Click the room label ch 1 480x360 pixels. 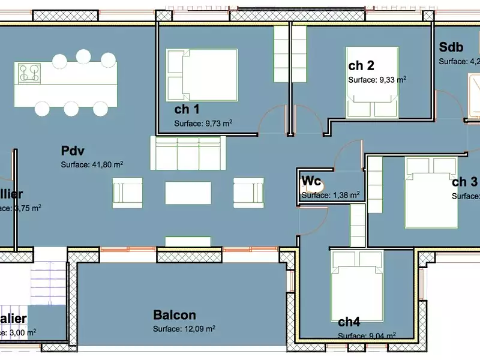click(x=187, y=109)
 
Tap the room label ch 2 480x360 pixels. click(x=361, y=65)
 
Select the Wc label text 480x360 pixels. click(x=310, y=181)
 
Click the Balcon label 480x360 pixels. click(x=175, y=315)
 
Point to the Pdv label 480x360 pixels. click(x=72, y=150)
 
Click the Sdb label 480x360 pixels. click(x=451, y=47)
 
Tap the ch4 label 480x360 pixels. click(x=349, y=322)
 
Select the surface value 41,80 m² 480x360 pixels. click(x=92, y=164)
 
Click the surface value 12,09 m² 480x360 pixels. click(x=184, y=329)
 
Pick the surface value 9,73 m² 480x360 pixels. click(x=203, y=124)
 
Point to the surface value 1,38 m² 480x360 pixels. click(x=331, y=195)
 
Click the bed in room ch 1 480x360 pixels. click(x=202, y=75)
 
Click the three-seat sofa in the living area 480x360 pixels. click(x=188, y=153)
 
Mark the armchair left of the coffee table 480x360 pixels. click(x=127, y=193)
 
